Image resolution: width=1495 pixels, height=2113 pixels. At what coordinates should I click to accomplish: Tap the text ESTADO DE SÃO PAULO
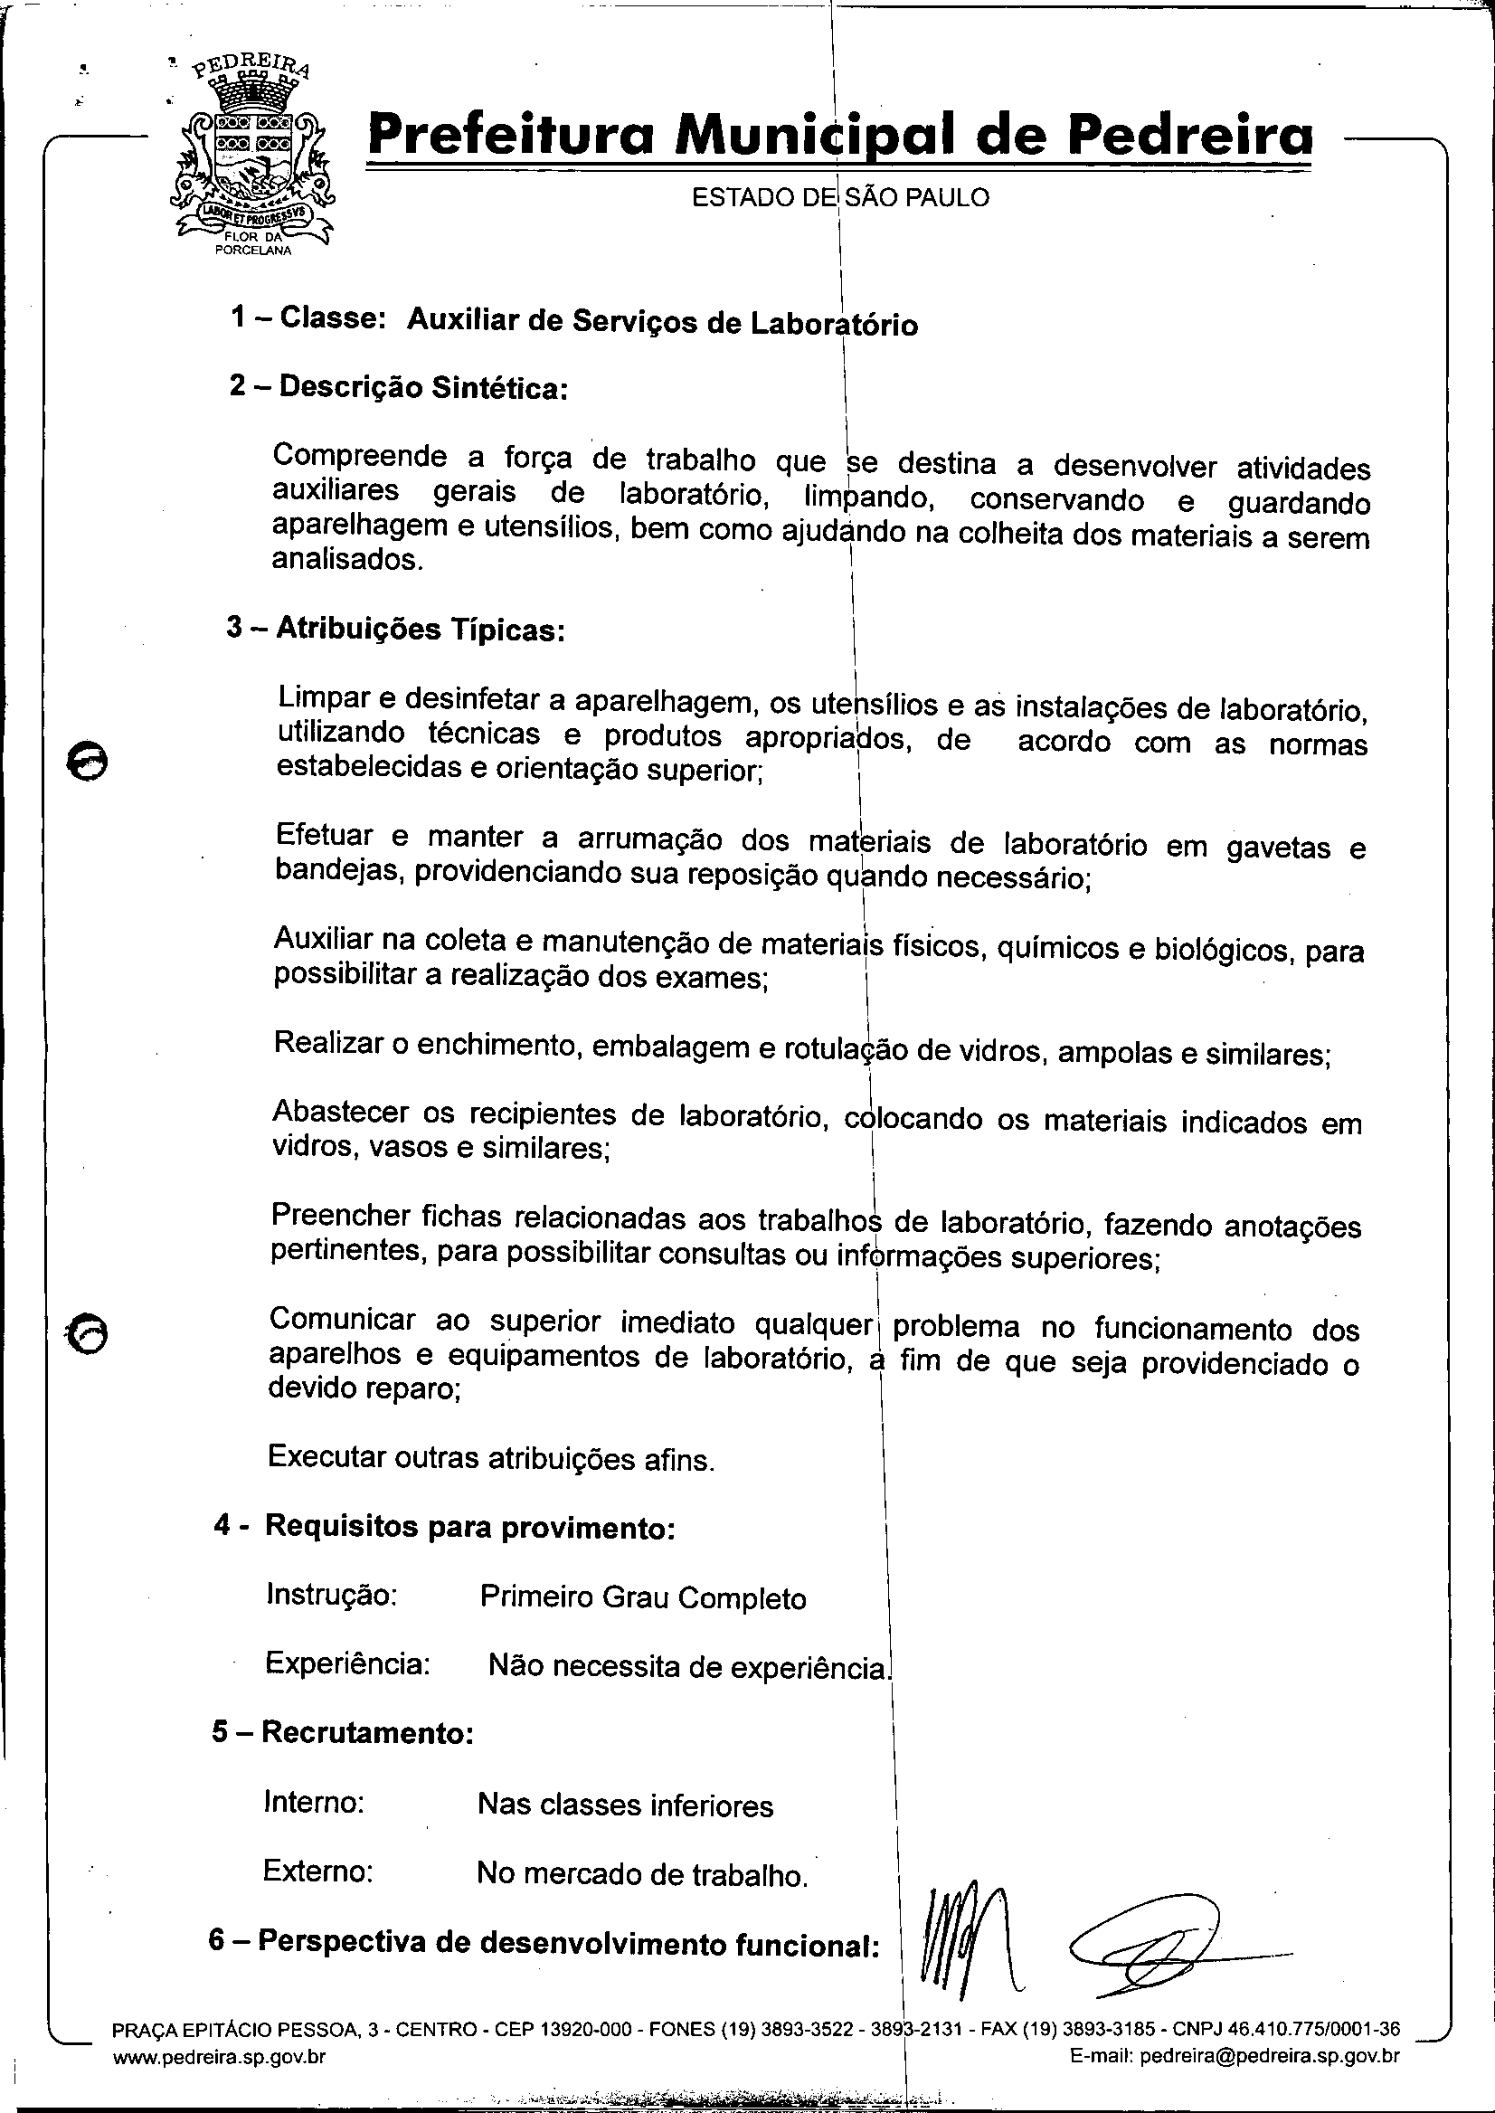coord(840,197)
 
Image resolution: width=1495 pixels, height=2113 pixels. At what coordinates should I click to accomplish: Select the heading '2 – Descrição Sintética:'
coord(398,388)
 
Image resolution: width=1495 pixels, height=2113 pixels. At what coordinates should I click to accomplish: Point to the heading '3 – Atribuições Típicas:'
coord(395,629)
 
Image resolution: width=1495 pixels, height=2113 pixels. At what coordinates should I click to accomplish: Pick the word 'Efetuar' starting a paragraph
coord(324,836)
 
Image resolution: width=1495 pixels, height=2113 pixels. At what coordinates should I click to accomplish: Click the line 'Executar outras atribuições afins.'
coord(491,1458)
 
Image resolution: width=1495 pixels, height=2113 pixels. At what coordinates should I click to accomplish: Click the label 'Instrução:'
coord(330,1594)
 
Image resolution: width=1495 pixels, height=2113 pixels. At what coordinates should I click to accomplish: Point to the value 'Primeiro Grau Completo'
coord(642,1597)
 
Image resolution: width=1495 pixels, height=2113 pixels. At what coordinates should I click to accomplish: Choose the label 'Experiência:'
coord(347,1663)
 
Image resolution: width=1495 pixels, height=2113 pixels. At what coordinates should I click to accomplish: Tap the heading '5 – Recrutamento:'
coord(343,1732)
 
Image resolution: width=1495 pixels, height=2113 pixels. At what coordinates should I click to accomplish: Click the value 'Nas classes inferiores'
coord(625,1805)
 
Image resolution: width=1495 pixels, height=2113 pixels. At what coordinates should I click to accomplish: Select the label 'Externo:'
coord(317,1871)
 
